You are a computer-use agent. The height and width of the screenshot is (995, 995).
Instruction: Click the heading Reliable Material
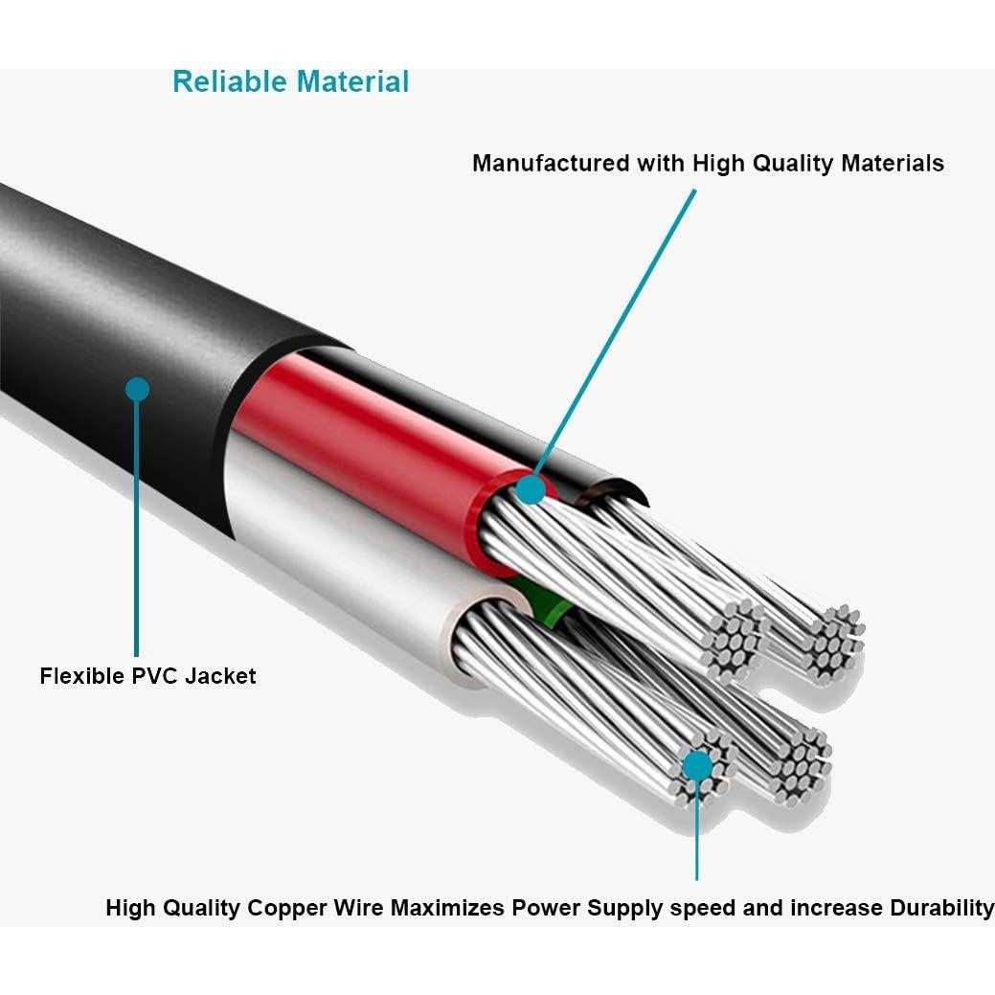tap(290, 82)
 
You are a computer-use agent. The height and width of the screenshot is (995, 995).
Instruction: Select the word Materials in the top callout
tap(892, 164)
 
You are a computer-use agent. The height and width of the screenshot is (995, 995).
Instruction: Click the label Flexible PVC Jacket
tap(147, 676)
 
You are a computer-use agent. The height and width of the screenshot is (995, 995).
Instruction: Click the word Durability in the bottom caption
tap(941, 908)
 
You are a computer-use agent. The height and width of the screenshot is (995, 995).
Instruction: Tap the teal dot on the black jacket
tap(138, 389)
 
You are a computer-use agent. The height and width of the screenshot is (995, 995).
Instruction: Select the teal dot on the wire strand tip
tap(698, 765)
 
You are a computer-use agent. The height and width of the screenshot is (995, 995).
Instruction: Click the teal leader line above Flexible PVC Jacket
tap(138, 527)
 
